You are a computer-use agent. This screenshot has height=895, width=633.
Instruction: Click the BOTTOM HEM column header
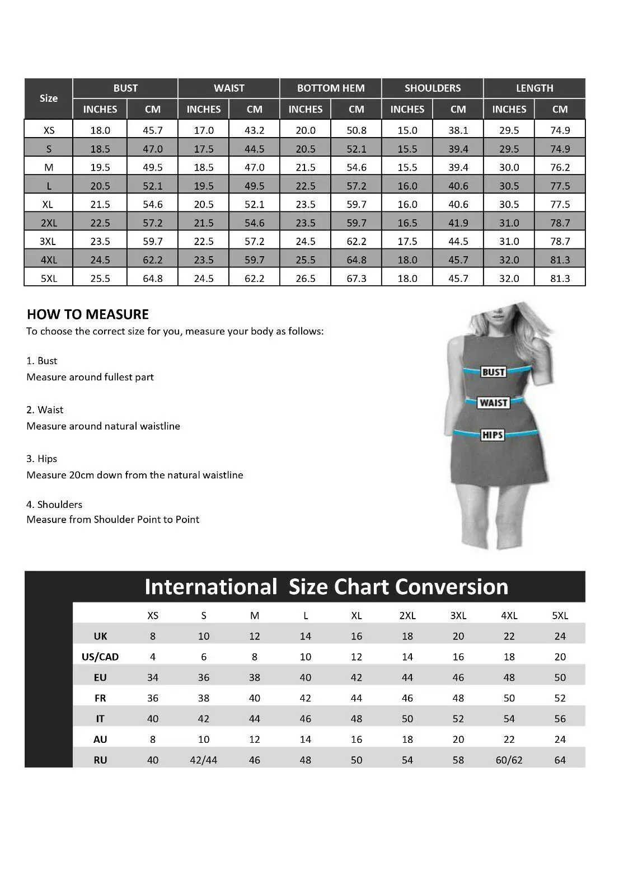331,88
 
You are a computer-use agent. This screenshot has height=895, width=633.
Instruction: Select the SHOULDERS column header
433,88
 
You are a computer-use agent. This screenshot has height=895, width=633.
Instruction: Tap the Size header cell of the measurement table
49,98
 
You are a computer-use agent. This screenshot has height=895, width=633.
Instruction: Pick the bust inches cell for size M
100,167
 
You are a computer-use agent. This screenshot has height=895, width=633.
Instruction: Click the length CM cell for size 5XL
560,279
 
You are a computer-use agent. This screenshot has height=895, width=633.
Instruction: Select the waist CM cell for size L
254,186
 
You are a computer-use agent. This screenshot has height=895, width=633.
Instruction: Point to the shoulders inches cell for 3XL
407,242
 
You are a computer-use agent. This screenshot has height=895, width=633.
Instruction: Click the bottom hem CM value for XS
356,130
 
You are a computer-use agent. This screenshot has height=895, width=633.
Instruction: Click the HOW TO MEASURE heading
88,314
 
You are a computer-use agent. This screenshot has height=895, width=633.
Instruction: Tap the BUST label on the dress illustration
493,372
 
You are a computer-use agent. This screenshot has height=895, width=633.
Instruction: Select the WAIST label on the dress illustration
493,403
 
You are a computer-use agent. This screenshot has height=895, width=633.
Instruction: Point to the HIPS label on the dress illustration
493,435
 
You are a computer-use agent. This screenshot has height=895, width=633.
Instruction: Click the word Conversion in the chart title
451,587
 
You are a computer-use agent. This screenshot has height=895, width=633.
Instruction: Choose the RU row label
100,760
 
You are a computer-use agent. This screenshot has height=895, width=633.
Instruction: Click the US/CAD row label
100,657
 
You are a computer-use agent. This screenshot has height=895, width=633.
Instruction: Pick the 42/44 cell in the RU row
204,760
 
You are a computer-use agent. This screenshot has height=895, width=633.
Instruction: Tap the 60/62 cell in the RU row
509,760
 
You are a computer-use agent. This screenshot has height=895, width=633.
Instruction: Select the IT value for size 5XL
560,719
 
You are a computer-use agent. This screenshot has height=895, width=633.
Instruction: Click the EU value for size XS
153,677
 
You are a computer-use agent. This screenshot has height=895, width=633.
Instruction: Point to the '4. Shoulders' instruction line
54,505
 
